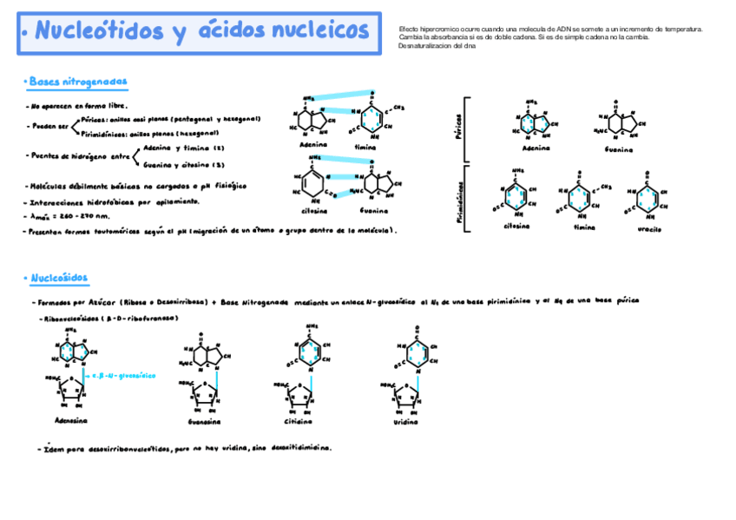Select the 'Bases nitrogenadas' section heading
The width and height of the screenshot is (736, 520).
(78, 82)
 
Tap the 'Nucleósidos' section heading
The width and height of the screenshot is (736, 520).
(59, 279)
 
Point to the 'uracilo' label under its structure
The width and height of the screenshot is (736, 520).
(648, 229)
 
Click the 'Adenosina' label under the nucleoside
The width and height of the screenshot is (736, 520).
(71, 419)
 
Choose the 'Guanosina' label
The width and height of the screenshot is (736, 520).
(204, 421)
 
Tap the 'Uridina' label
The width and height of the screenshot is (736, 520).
(404, 422)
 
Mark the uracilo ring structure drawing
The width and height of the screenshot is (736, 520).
(648, 198)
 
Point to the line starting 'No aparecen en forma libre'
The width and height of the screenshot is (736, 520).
(79, 106)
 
